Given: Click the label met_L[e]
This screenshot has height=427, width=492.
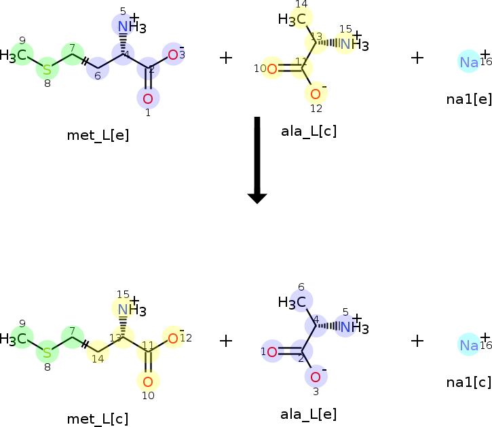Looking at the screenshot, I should (x=98, y=135).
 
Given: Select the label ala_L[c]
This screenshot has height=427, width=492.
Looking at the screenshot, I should (x=308, y=131).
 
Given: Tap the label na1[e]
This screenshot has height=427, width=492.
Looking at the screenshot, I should (x=469, y=99).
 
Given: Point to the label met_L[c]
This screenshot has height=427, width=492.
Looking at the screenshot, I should (x=98, y=418).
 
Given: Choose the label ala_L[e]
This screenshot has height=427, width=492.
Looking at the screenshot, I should (x=308, y=413).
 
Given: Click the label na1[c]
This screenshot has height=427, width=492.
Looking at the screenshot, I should (x=469, y=382).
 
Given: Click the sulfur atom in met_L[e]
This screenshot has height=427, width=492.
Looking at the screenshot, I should (x=47, y=69).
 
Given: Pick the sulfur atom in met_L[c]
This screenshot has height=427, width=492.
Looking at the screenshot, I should (x=47, y=352).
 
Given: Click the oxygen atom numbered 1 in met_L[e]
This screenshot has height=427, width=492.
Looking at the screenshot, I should (x=148, y=98).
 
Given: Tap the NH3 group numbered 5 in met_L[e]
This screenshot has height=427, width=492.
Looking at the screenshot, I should (x=127, y=27).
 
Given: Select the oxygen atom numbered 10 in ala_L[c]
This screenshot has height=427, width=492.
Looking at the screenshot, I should (x=271, y=69).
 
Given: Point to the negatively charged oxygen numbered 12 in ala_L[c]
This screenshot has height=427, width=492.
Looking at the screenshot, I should (x=316, y=94).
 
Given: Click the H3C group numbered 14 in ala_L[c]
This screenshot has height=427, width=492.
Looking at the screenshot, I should (x=293, y=19).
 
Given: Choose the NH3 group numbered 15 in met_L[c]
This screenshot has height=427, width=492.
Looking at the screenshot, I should (x=127, y=310).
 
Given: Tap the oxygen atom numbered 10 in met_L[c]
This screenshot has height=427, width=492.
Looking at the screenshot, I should (x=148, y=381).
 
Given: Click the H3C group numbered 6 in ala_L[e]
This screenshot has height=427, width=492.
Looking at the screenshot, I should (x=293, y=301).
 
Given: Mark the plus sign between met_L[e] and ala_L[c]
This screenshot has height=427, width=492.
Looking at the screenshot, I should (x=227, y=58).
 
